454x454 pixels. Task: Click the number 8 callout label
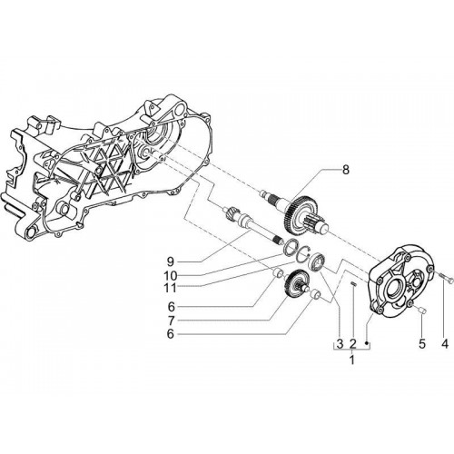[345, 170]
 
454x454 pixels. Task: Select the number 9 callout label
[171, 261]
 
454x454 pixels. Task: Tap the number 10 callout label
[170, 276]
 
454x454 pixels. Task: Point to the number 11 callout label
[170, 288]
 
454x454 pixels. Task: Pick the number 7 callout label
[171, 320]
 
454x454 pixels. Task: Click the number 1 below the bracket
[351, 360]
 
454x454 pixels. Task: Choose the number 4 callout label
[445, 343]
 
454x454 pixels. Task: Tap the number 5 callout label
[422, 343]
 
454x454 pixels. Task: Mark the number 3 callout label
[340, 343]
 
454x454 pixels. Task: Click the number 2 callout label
[352, 343]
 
